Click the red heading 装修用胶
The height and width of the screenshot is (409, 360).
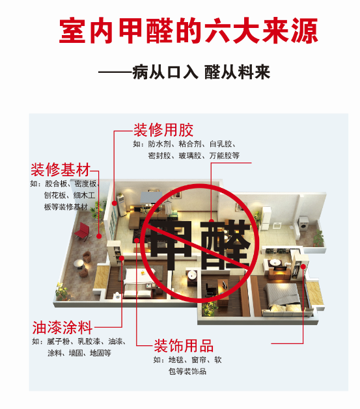(x=163, y=130)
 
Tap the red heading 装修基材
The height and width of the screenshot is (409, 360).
(x=61, y=170)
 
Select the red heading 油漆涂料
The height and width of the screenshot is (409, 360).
(x=62, y=328)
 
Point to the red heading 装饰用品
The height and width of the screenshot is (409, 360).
(x=184, y=346)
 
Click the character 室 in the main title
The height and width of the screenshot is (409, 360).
(x=72, y=31)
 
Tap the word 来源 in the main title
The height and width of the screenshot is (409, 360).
(x=290, y=31)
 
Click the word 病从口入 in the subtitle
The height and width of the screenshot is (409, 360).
(x=165, y=72)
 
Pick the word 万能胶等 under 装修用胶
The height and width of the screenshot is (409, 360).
(x=224, y=155)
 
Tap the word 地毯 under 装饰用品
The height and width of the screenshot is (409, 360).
(x=176, y=360)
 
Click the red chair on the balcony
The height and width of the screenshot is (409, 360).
(x=83, y=231)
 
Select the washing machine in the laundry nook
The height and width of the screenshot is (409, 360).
(x=304, y=224)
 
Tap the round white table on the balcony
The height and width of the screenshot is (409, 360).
(x=79, y=263)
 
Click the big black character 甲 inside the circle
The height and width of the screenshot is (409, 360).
(x=171, y=245)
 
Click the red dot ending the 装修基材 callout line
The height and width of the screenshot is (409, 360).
(x=99, y=236)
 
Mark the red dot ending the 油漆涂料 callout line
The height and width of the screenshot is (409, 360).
(x=122, y=258)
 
